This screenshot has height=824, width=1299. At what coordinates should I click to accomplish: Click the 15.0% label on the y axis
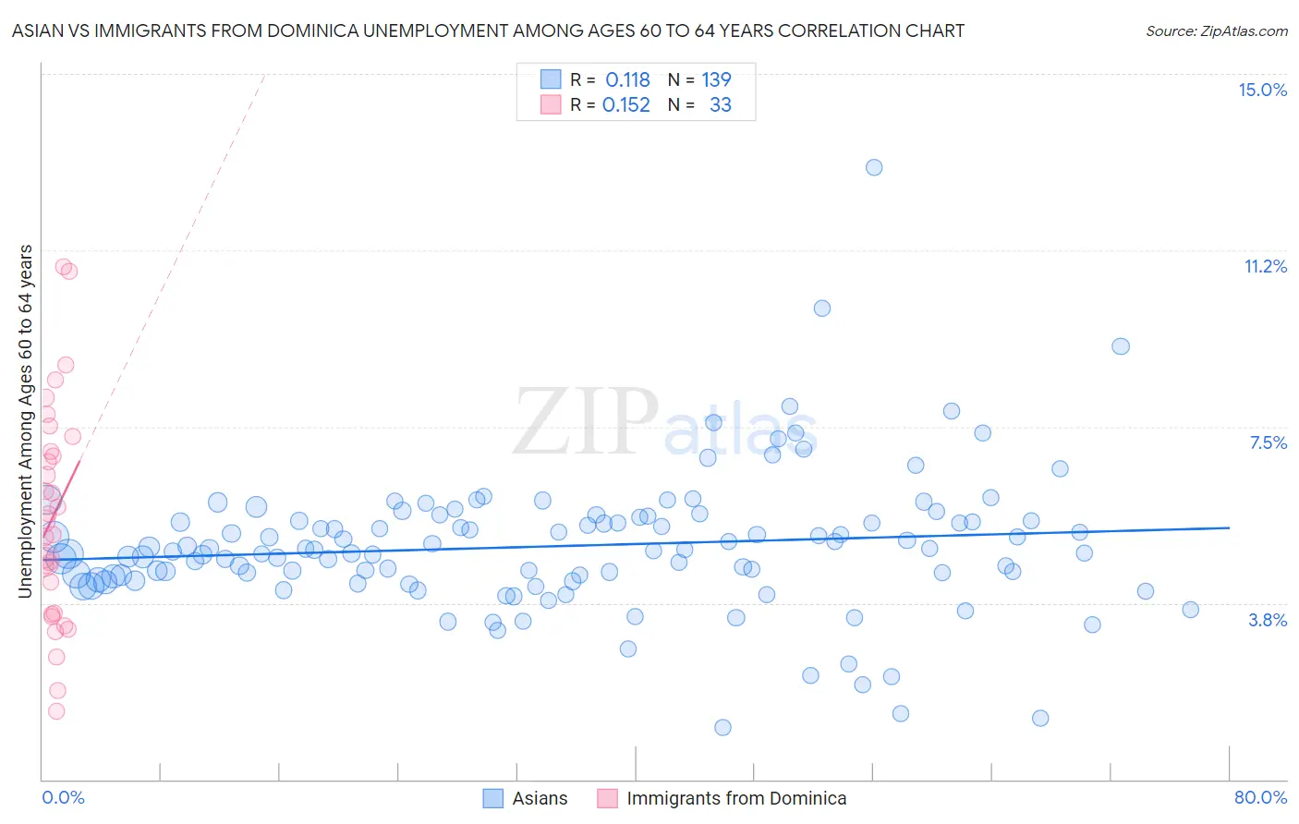(x=1262, y=90)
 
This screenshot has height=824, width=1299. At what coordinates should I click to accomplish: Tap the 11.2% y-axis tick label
(x=1265, y=266)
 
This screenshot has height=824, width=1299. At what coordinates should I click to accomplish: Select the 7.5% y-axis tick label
(x=1268, y=442)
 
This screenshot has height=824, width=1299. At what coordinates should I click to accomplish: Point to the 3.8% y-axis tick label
(x=1268, y=620)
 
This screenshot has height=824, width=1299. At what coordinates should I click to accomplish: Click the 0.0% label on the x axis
(x=63, y=797)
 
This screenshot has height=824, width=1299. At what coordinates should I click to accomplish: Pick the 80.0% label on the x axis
(x=1260, y=797)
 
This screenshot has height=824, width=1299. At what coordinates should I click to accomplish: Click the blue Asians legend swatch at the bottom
(x=493, y=798)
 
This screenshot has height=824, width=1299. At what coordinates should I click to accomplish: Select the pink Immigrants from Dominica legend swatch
(x=607, y=798)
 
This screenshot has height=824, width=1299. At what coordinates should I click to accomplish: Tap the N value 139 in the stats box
(x=716, y=80)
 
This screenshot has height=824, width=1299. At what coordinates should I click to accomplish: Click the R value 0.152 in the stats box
(x=626, y=105)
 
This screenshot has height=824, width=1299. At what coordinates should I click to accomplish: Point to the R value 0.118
(x=628, y=80)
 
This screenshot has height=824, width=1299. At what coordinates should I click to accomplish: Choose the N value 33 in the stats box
(x=721, y=105)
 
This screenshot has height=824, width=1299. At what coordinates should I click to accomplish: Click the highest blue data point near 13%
(x=874, y=167)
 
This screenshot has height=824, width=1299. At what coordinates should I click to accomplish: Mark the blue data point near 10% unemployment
(x=822, y=309)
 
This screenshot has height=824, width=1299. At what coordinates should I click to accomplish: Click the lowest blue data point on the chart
(x=722, y=727)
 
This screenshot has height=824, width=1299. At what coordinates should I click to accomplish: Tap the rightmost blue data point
(x=1191, y=610)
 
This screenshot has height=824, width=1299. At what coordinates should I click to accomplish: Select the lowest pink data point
(x=56, y=711)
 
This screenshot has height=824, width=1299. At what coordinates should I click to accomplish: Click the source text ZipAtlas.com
(x=1217, y=31)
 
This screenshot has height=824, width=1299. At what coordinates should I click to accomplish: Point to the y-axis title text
(x=26, y=420)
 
